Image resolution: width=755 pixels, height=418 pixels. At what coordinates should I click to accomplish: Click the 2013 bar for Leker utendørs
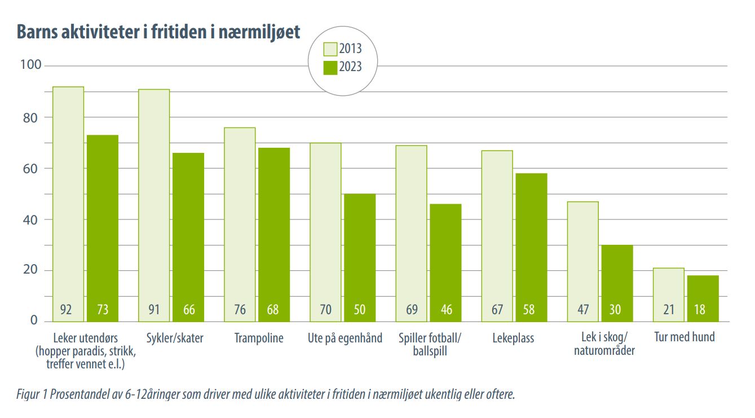point(68,204)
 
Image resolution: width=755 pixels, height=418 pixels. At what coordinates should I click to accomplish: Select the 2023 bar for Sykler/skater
point(188,237)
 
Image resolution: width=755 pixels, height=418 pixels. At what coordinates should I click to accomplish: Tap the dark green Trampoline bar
point(274,234)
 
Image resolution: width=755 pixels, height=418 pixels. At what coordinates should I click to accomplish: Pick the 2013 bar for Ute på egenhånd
point(325,232)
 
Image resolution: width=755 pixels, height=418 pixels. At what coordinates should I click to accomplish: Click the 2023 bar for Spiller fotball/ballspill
point(445,262)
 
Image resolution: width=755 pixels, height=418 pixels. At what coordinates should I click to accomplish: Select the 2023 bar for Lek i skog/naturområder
point(617,283)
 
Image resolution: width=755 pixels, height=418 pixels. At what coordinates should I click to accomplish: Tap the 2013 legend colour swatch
point(329,49)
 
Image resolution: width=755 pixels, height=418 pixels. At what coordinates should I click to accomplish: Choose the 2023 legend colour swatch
point(329,67)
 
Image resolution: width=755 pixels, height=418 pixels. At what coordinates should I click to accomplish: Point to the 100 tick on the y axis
point(31,65)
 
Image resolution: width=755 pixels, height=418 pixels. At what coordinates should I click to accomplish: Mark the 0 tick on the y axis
point(33,321)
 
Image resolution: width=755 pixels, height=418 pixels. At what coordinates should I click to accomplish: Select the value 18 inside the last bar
point(703,310)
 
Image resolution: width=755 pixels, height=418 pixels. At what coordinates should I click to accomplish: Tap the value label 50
point(360,310)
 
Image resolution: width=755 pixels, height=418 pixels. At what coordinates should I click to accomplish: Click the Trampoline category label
point(259,338)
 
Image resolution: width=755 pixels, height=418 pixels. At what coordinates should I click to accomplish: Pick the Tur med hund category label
point(684,337)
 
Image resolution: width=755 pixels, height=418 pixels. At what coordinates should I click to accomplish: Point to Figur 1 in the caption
point(32,394)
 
